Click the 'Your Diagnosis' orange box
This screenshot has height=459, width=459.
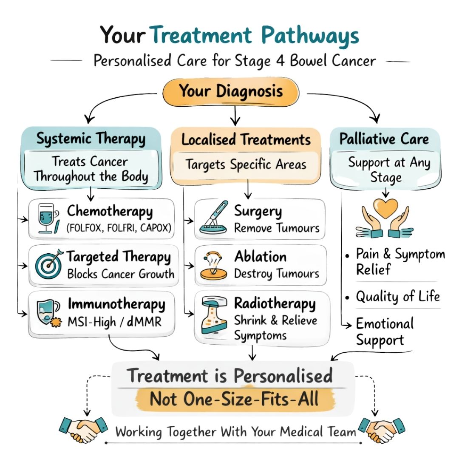click(231, 92)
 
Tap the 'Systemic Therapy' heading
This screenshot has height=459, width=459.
click(91, 139)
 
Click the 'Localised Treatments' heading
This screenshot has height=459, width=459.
click(246, 140)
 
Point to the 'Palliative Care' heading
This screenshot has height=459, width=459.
click(385, 139)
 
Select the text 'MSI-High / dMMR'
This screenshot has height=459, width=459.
click(114, 322)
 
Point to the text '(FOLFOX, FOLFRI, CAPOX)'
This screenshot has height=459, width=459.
click(119, 228)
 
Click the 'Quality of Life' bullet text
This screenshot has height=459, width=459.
click(398, 296)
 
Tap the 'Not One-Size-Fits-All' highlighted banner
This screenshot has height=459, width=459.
click(234, 399)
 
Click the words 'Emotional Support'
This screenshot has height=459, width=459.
click(384, 331)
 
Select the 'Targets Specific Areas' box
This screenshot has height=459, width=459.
click(246, 164)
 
